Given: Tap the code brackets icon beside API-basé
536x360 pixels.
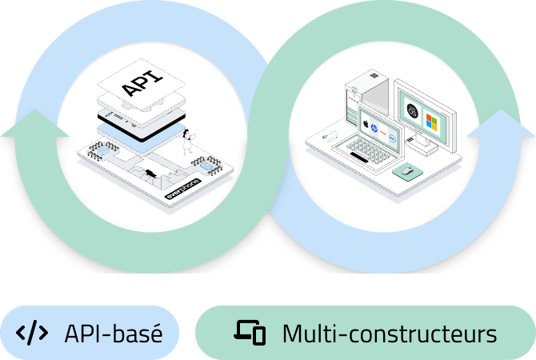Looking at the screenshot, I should point(32,333).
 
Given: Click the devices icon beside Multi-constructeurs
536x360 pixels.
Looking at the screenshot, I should point(250,333).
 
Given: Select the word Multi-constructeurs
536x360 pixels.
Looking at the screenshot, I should point(389,333).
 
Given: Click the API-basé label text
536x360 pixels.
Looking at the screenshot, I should point(114,333).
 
